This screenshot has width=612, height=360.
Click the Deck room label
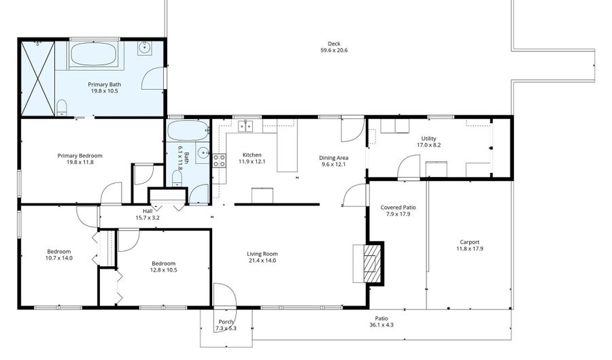pyautogui.click(x=333, y=44)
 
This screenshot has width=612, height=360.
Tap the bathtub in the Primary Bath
pyautogui.click(x=95, y=55)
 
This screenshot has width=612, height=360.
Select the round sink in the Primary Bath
pyautogui.click(x=145, y=48)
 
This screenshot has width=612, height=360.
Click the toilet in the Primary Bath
pyautogui.click(x=62, y=107)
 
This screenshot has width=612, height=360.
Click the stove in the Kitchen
pyautogui.click(x=220, y=161)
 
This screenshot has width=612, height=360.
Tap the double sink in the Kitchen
pyautogui.click(x=245, y=125)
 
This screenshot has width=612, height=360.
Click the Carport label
pyautogui.click(x=469, y=242)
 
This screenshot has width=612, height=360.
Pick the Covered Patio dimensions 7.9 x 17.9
pyautogui.click(x=398, y=214)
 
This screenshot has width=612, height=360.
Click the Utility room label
pyautogui.click(x=428, y=138)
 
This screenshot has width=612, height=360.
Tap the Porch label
pyautogui.click(x=226, y=322)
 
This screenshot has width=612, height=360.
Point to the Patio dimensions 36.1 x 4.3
pyautogui.click(x=381, y=325)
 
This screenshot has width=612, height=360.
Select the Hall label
pyautogui.click(x=148, y=210)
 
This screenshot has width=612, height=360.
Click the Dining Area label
pyautogui.click(x=333, y=158)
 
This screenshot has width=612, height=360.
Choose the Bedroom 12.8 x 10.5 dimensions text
pyautogui.click(x=163, y=270)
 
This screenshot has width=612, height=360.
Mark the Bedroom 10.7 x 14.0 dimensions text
pyautogui.click(x=59, y=258)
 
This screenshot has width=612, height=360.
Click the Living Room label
pyautogui.click(x=262, y=255)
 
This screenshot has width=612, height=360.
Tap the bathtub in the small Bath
pyautogui.click(x=188, y=130)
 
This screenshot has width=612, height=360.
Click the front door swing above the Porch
pyautogui.click(x=224, y=294)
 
